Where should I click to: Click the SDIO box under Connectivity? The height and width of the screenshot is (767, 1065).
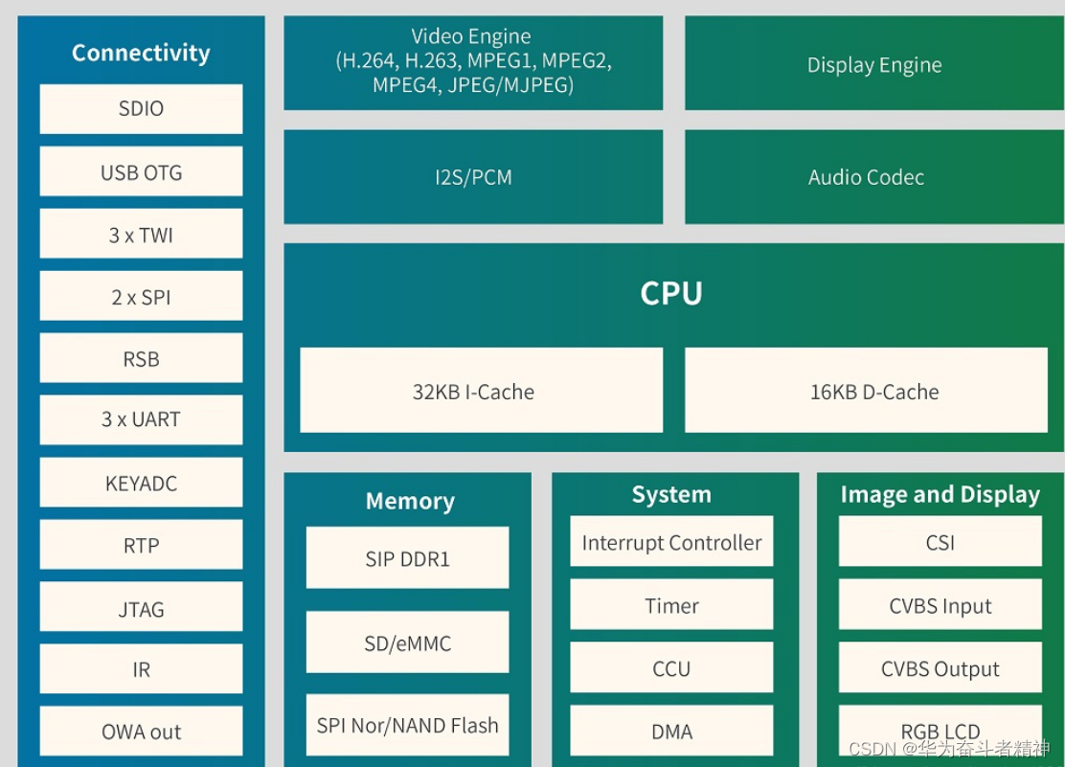141,109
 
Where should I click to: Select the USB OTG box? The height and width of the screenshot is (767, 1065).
141,172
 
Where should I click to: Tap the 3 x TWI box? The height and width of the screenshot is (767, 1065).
141,235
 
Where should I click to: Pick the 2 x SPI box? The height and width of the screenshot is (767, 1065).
141,297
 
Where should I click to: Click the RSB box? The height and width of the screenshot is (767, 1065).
141,359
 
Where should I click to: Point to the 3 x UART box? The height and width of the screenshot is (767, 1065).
141,419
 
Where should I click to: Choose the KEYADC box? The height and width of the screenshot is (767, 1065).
141,484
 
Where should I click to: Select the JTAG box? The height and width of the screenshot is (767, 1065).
141,609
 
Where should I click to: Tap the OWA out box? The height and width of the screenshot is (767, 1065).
141,732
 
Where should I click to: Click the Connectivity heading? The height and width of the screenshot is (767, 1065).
141,53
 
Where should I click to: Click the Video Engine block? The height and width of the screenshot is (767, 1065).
473,61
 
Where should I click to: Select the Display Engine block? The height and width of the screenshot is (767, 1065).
873,65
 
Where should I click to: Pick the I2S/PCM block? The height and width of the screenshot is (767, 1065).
473,177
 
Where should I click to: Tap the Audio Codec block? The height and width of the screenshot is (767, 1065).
866,177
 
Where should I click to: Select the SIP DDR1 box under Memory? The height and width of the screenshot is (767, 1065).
407,558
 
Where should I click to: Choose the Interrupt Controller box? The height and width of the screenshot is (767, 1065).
671,543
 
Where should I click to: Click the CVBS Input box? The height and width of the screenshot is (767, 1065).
940,606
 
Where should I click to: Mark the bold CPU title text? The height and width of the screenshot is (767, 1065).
671,293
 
